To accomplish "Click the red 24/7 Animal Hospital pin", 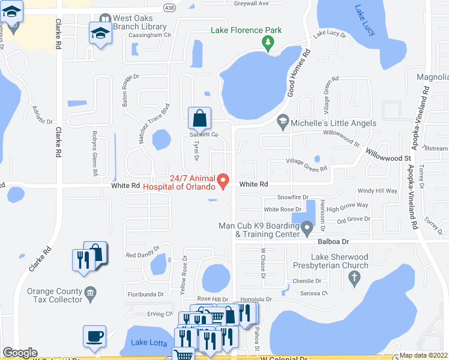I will click(223, 180).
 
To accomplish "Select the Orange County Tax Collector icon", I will click(90, 293).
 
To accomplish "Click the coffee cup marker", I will click(95, 337).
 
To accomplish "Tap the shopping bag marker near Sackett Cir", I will click(199, 118).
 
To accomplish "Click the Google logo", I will click(20, 353).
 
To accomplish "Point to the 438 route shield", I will click(169, 6).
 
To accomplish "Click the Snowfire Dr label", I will click(292, 197).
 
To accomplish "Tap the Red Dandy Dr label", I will click(142, 251).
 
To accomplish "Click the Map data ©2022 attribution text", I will click(423, 355).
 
